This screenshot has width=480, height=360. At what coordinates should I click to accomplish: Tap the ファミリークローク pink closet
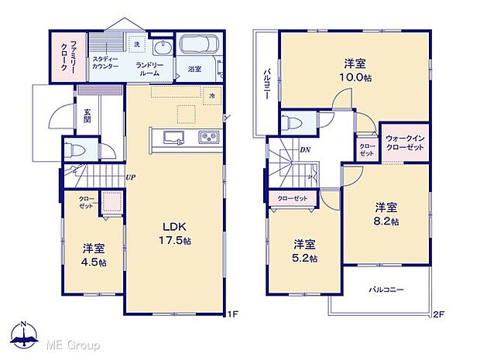(60, 56)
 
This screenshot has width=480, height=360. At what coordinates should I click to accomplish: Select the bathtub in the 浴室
(200, 47)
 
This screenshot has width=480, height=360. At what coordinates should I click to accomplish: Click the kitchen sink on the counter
(172, 138)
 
